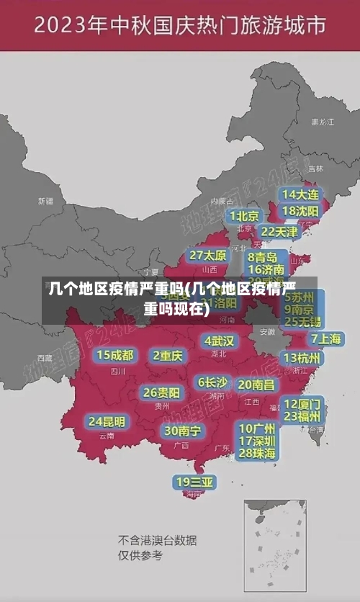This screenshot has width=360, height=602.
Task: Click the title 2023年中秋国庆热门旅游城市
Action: tap(179, 27)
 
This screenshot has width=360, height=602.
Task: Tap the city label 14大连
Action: tap(301, 194)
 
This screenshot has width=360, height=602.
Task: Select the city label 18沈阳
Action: tap(301, 211)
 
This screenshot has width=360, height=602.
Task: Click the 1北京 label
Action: tap(244, 215)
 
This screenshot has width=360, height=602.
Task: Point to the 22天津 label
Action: tap(279, 232)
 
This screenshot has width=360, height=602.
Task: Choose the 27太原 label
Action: tap(208, 256)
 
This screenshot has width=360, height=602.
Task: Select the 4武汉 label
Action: tap(219, 341)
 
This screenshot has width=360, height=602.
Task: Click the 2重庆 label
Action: tap(168, 356)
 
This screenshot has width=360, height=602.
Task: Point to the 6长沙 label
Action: tap(212, 382)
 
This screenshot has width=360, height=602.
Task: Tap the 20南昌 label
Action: tap(256, 385)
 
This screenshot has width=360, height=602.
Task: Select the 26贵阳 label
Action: tap(161, 393)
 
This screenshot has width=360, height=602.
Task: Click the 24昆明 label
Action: tap(107, 421)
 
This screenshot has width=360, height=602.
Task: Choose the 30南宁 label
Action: tap(182, 431)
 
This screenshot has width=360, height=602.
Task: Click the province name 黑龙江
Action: tap(322, 122)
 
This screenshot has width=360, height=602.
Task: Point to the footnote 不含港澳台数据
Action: tap(157, 540)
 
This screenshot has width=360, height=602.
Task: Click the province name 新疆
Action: tap(45, 201)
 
